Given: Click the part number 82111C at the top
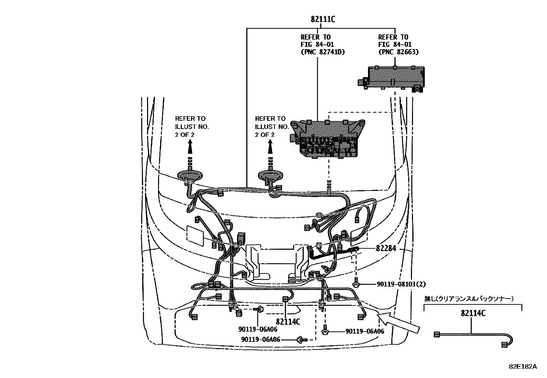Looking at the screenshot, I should tap(323, 19).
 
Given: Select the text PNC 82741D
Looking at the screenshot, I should tap(323, 52).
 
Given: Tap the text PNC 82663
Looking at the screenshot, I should tap(398, 52).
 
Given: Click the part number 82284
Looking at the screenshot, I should tap(386, 248).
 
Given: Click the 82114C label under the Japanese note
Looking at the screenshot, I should tap(473, 313).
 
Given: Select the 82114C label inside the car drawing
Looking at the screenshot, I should tap(288, 322).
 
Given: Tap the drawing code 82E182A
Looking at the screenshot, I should tap(523, 366).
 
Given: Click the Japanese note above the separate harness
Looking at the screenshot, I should tap(469, 299).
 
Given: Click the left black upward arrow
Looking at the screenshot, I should tap(189, 149).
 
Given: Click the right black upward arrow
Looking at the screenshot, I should tap(270, 149).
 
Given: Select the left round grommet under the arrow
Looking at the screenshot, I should tap(189, 175).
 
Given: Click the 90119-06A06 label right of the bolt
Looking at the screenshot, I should tap(365, 331).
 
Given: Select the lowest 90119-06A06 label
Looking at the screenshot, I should tap(260, 339).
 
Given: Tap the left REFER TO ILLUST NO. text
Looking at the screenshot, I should tap(192, 126).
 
